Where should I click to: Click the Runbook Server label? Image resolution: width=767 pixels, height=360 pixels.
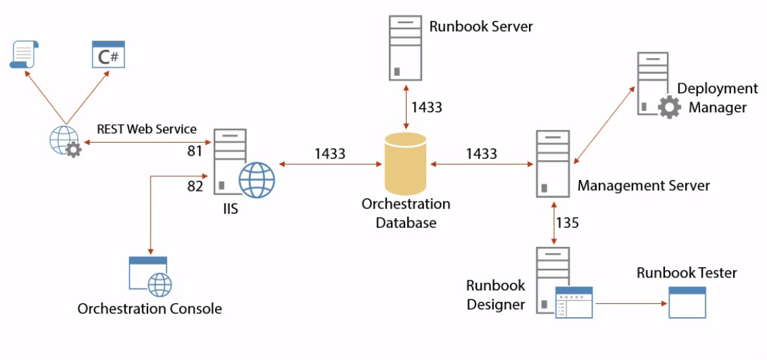481,27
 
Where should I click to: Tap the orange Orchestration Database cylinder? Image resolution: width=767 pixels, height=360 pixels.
406,164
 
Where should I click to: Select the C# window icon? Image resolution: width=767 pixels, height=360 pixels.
108,55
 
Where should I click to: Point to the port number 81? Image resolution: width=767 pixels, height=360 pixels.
195,152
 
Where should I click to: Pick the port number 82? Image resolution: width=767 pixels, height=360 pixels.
195,186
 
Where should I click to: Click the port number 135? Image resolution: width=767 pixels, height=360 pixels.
567,223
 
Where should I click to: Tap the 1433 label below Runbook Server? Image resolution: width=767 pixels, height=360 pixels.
427,107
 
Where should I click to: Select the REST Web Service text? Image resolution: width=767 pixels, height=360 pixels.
147,129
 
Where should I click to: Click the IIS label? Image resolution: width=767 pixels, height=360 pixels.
231,209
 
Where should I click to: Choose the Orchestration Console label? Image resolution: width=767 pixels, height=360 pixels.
149,309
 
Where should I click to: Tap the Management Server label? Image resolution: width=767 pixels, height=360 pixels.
643,185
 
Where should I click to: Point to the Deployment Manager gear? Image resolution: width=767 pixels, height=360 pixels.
669,107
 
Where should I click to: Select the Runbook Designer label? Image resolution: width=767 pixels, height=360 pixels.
496,295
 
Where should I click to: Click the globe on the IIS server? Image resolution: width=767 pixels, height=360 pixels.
256,179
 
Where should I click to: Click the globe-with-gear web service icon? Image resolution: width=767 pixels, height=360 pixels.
65,141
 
